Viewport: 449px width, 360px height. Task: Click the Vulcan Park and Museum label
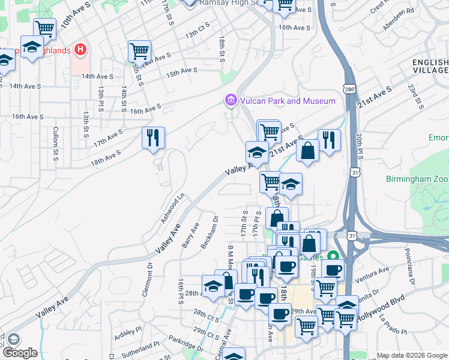288,101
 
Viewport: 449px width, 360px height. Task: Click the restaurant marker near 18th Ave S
153,139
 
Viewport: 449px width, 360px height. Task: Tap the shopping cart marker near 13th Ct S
139,52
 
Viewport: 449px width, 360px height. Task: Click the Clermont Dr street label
149,277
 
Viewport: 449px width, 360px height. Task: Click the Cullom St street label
55,142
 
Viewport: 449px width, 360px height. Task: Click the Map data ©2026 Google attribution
412,355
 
